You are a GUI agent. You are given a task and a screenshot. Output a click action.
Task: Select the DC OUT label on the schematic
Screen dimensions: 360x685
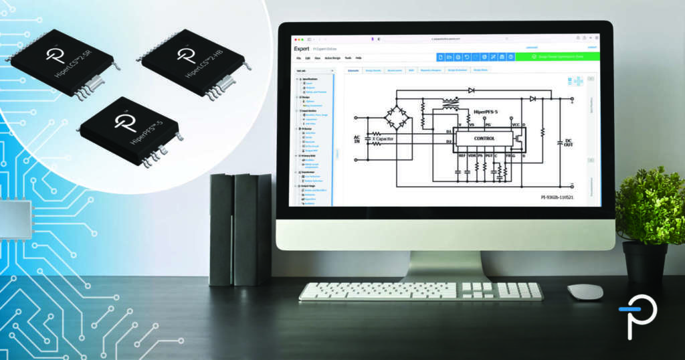click(x=568, y=143)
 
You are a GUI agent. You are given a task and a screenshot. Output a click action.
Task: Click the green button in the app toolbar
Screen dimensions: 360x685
click(x=558, y=57)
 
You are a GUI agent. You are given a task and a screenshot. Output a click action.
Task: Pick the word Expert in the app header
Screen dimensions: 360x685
click(x=302, y=48)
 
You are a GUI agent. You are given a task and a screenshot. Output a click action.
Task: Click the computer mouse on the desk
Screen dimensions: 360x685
click(x=585, y=292)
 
